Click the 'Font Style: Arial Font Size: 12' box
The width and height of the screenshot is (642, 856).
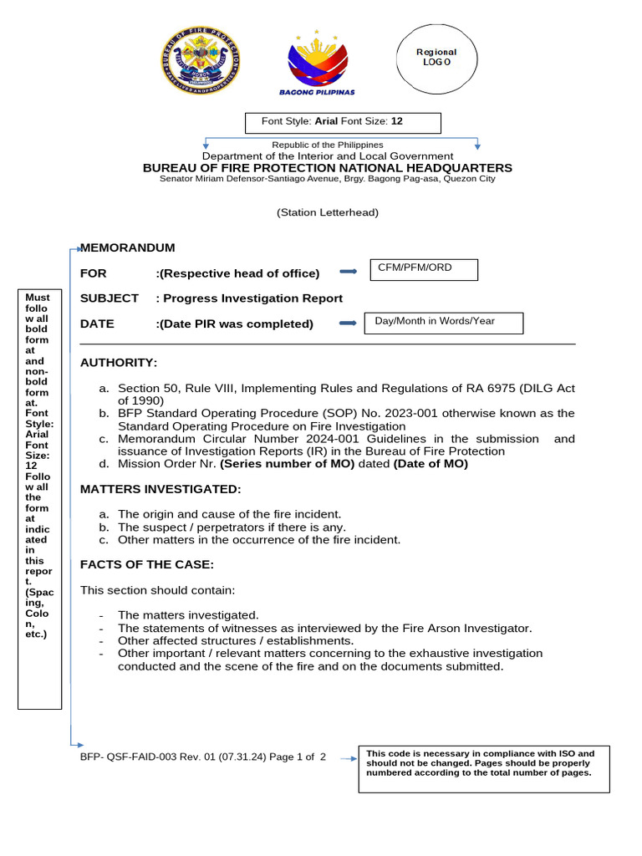click(342, 122)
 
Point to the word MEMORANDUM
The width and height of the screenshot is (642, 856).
click(128, 248)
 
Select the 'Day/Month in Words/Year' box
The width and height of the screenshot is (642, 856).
click(443, 323)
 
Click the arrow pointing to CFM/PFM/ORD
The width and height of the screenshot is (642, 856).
click(343, 272)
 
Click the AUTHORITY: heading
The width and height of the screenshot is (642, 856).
click(119, 363)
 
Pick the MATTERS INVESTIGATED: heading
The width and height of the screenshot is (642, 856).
click(160, 489)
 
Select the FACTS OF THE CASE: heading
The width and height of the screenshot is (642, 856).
click(147, 564)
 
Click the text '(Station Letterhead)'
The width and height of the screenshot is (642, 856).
click(328, 212)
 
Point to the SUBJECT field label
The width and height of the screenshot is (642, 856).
click(109, 298)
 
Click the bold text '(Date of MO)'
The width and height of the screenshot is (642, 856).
click(431, 464)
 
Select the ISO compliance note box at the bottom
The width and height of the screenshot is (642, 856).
click(483, 768)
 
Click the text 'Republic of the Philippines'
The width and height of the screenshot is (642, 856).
click(328, 145)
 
